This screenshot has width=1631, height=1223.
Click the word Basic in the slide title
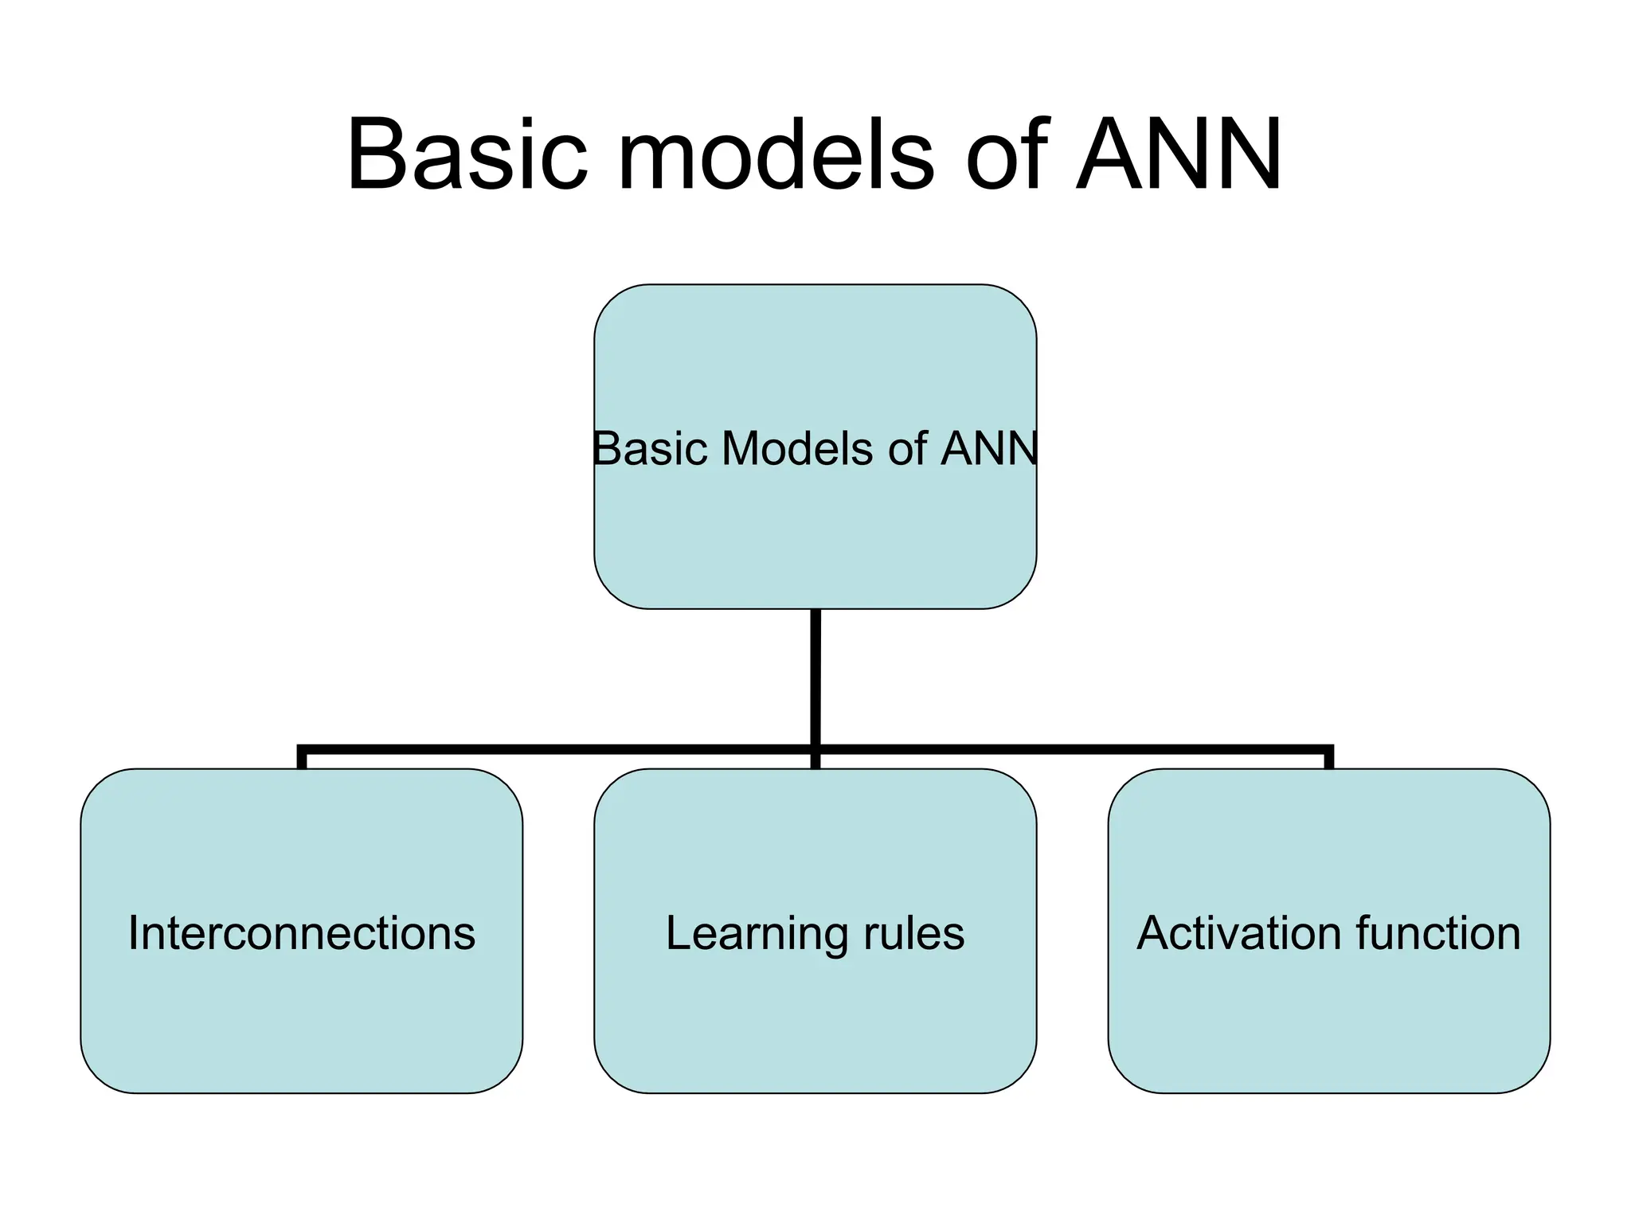467,154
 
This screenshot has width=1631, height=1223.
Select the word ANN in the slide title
1179,154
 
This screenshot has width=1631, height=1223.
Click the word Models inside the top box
797,448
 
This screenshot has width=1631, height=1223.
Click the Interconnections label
301,932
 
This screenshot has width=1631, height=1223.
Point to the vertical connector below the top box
815,677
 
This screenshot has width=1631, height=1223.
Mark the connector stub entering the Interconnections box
302,760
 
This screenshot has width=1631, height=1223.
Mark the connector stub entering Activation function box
1329,760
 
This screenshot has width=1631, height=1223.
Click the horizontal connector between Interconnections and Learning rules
557,749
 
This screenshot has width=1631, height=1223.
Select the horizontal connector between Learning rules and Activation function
1075,749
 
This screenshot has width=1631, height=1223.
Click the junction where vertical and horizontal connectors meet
815,749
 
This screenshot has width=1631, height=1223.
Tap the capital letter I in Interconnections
133,932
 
